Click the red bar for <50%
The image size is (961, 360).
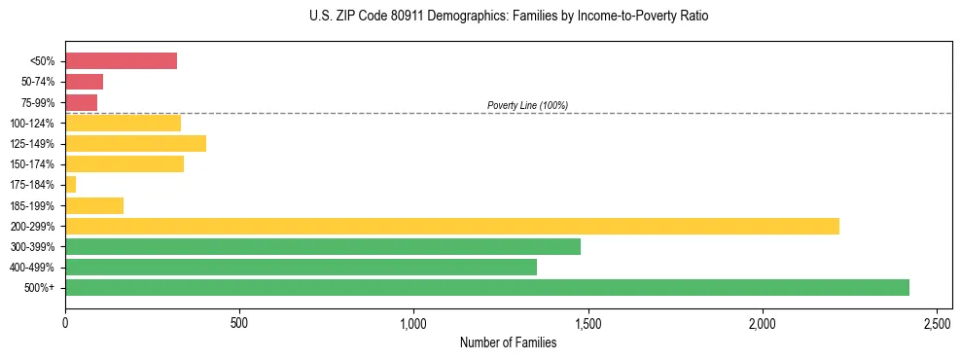pyautogui.click(x=121, y=61)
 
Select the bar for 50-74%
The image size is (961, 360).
pyautogui.click(x=84, y=82)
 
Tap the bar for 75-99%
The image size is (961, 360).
pyautogui.click(x=81, y=102)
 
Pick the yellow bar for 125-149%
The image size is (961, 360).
pyautogui.click(x=135, y=144)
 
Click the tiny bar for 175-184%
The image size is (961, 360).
pyautogui.click(x=70, y=185)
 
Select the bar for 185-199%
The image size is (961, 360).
pyautogui.click(x=94, y=205)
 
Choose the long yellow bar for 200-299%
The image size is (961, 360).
pyautogui.click(x=452, y=226)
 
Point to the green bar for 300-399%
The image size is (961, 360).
pyautogui.click(x=323, y=246)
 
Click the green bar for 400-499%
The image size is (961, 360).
pyautogui.click(x=301, y=267)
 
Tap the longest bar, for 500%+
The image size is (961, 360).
pyautogui.click(x=487, y=287)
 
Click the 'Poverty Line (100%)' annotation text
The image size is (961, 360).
pyautogui.click(x=527, y=105)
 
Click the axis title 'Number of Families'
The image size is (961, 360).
pyautogui.click(x=508, y=342)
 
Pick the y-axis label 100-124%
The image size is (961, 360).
pyautogui.click(x=32, y=124)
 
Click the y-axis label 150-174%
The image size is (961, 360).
pyautogui.click(x=32, y=164)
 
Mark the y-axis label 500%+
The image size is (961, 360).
pyautogui.click(x=40, y=288)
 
